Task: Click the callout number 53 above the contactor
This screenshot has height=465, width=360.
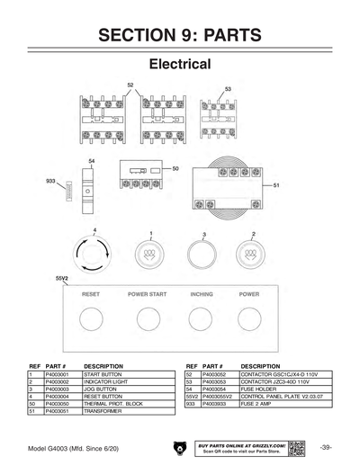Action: click(x=228, y=89)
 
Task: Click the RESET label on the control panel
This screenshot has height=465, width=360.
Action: click(x=90, y=294)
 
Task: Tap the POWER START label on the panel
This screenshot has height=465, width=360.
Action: click(x=147, y=294)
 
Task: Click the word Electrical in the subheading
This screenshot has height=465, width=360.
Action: click(x=179, y=65)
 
